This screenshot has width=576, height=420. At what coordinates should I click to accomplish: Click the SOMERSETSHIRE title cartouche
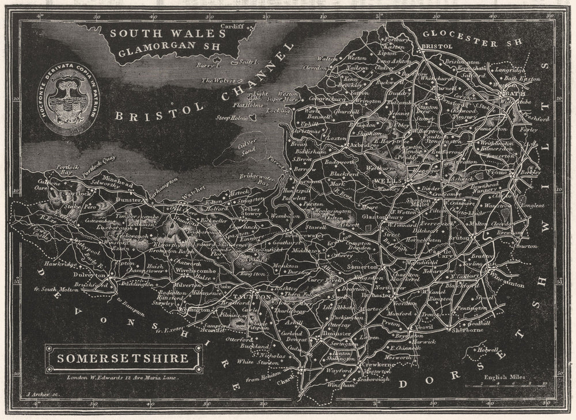(123, 358)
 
